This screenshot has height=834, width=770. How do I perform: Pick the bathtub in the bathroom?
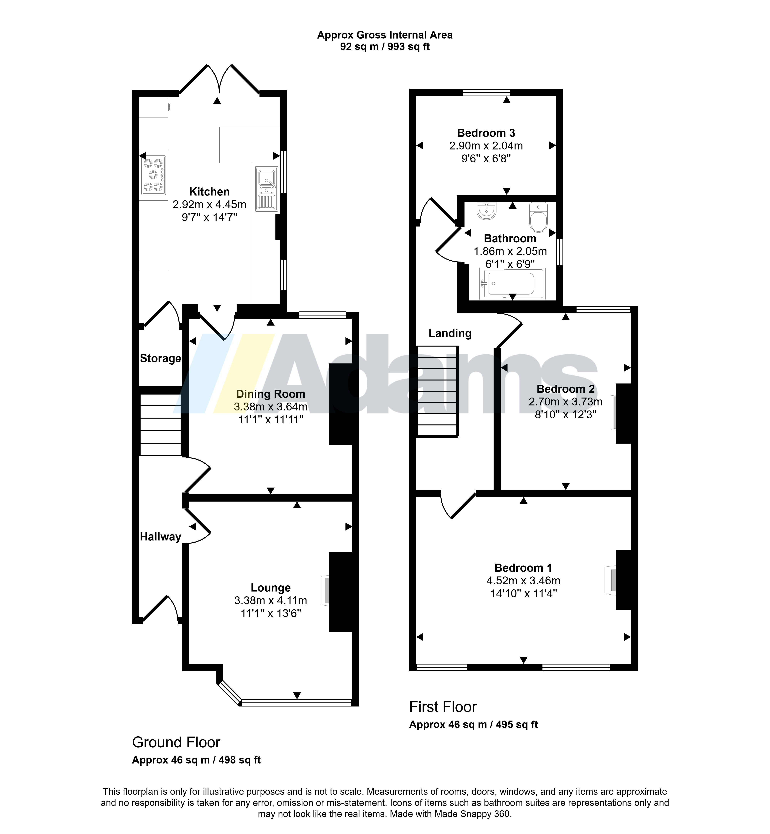click(512, 283)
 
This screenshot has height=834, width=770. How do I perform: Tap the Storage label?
click(160, 358)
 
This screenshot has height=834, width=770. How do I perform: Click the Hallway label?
click(160, 537)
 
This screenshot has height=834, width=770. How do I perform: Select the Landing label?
click(450, 333)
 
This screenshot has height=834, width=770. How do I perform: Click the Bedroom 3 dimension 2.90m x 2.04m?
click(486, 146)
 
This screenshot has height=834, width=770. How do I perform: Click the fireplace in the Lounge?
click(325, 590)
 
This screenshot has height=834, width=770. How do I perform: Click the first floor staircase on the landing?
click(438, 391)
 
